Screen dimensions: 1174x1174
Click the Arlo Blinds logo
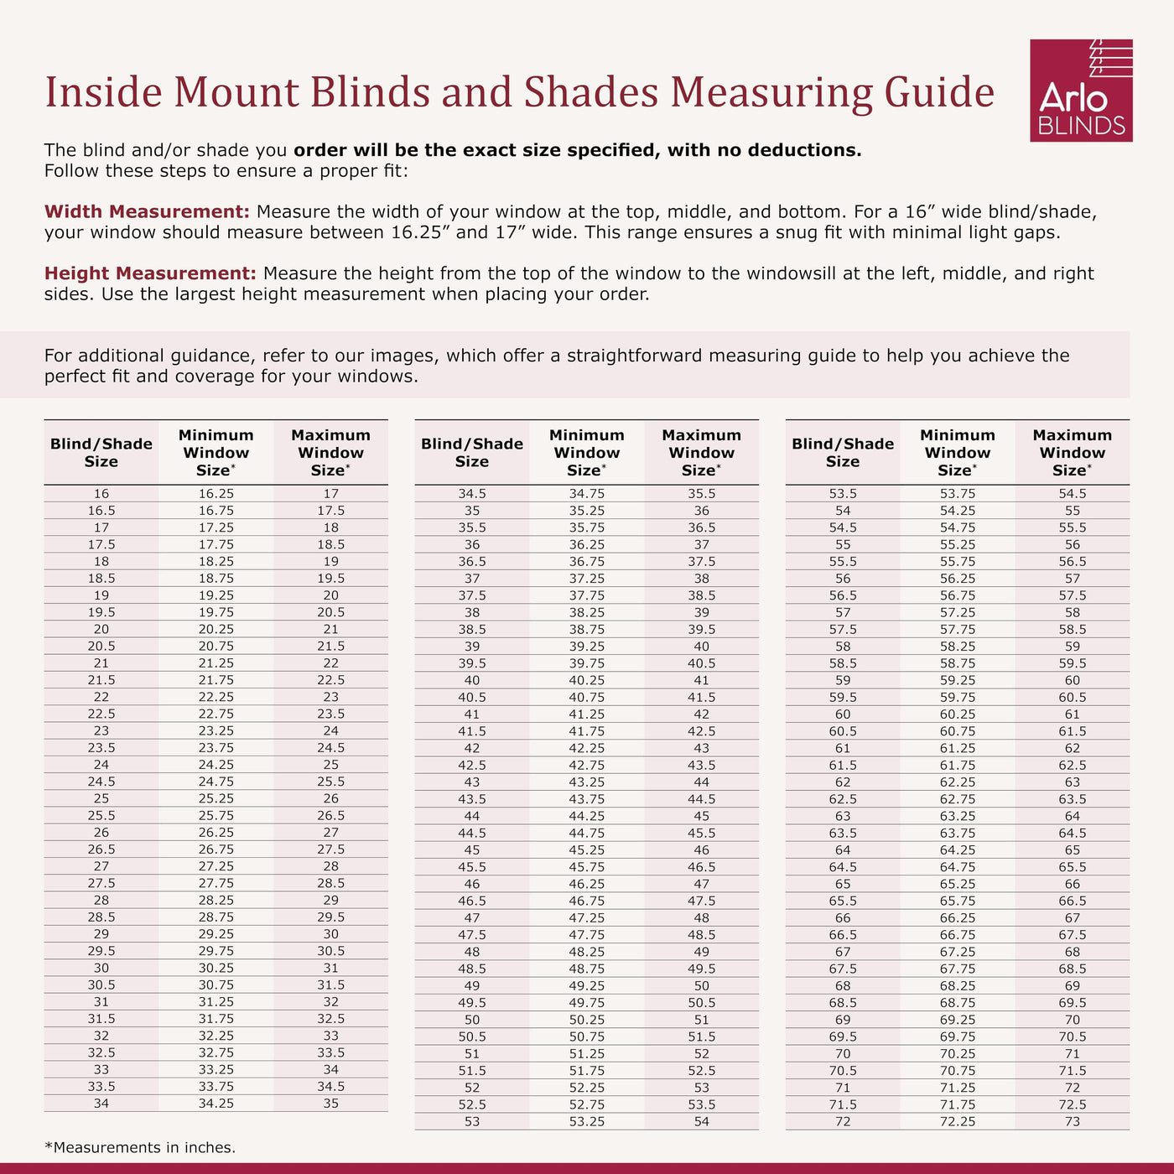click(x=1080, y=91)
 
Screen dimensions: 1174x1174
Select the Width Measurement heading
click(x=147, y=211)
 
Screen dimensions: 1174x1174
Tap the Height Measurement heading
click(x=150, y=273)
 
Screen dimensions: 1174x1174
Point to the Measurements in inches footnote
click(x=140, y=1147)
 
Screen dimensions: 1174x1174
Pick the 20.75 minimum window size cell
click(x=216, y=647)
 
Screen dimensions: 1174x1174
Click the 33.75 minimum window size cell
click(x=216, y=1087)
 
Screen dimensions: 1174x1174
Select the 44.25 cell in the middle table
click(x=586, y=816)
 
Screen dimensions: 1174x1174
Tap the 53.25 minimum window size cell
click(x=586, y=1121)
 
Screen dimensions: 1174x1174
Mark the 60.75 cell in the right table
click(x=957, y=731)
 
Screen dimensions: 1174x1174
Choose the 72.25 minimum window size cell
click(x=957, y=1121)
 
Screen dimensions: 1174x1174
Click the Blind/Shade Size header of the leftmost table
click(x=101, y=453)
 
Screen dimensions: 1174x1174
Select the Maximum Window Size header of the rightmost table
click(x=1072, y=453)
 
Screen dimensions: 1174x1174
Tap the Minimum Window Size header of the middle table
click(x=586, y=453)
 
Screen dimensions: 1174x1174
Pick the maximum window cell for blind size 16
click(x=330, y=494)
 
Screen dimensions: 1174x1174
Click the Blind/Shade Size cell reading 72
click(x=842, y=1121)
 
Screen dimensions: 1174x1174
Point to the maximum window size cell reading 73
click(x=1072, y=1121)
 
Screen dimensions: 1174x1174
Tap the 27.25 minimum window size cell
click(x=216, y=866)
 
